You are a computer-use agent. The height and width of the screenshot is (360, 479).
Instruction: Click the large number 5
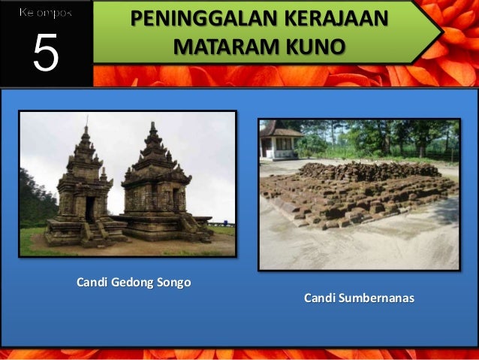pos(45,54)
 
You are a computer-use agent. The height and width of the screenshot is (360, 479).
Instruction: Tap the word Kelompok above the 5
pos(45,14)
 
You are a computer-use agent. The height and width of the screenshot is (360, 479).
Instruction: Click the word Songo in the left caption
pos(173,283)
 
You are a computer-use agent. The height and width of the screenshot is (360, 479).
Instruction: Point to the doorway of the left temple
pos(90,209)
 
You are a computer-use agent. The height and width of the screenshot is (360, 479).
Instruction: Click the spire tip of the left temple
pos(86,120)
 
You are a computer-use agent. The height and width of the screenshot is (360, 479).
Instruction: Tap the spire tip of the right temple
pos(152,123)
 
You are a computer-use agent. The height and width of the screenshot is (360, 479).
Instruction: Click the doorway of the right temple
pos(176,199)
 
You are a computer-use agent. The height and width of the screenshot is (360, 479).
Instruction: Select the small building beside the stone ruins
pos(279,140)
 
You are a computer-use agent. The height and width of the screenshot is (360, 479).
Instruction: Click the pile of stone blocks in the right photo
pos(353,192)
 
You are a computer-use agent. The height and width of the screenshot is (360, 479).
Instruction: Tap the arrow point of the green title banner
pos(438,32)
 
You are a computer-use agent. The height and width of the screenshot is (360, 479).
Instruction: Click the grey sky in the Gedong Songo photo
pos(203,150)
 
